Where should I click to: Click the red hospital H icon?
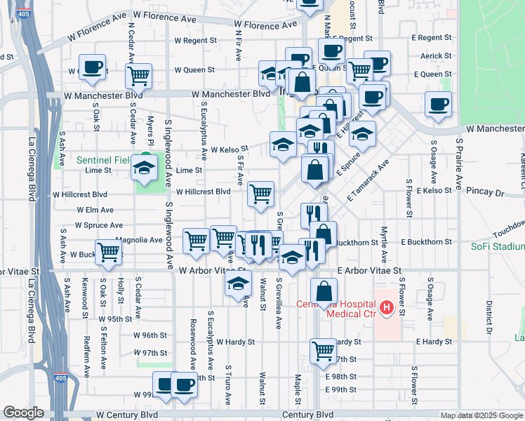pos(385,307)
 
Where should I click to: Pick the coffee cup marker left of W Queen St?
pos(93,67)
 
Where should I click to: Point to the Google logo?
pos(23,413)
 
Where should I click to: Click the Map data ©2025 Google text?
pos(481,415)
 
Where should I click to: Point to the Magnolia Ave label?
pos(139,240)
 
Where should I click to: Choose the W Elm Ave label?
pos(95,210)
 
